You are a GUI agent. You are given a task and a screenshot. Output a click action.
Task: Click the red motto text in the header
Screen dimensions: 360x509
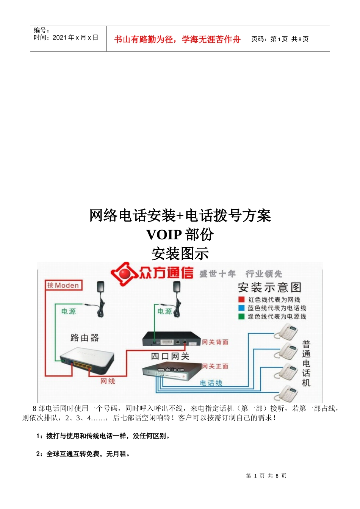pyautogui.click(x=177, y=39)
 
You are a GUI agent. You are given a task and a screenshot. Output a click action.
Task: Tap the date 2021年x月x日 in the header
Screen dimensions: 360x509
pyautogui.click(x=75, y=37)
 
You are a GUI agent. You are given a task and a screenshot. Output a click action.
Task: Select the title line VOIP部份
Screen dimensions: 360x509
pyautogui.click(x=180, y=234)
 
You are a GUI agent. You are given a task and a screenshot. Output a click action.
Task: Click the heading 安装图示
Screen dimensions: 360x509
pyautogui.click(x=180, y=254)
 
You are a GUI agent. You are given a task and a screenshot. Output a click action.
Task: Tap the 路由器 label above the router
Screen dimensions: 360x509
pyautogui.click(x=85, y=338)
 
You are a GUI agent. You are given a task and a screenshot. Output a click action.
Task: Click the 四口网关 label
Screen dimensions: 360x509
pyautogui.click(x=170, y=356)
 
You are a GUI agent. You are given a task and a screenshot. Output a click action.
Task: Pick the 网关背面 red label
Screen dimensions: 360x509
pyautogui.click(x=215, y=342)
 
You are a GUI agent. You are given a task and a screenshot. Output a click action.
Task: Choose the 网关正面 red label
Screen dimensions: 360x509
pyautogui.click(x=215, y=366)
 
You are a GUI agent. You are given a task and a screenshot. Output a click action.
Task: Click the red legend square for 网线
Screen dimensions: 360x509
pyautogui.click(x=241, y=300)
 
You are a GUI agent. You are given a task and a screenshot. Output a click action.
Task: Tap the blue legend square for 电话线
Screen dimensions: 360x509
pyautogui.click(x=241, y=308)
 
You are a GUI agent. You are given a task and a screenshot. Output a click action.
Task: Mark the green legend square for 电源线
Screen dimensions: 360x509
pyautogui.click(x=241, y=317)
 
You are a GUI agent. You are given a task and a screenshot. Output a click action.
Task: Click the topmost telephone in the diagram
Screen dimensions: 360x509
pyautogui.click(x=286, y=332)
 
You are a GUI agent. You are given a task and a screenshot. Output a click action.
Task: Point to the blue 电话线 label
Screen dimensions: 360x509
pyautogui.click(x=211, y=383)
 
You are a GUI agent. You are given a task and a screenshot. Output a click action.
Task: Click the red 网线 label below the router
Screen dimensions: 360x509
pyautogui.click(x=108, y=381)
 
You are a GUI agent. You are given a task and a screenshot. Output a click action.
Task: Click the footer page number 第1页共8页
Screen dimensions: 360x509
pyautogui.click(x=266, y=476)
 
